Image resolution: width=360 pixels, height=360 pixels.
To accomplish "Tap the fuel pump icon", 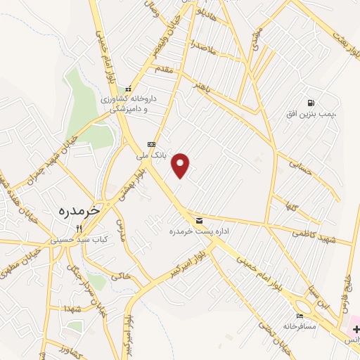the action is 311,103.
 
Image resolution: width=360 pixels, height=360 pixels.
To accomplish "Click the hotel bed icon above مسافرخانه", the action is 301,316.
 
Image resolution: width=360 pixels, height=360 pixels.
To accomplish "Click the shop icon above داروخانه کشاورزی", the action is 128,89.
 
